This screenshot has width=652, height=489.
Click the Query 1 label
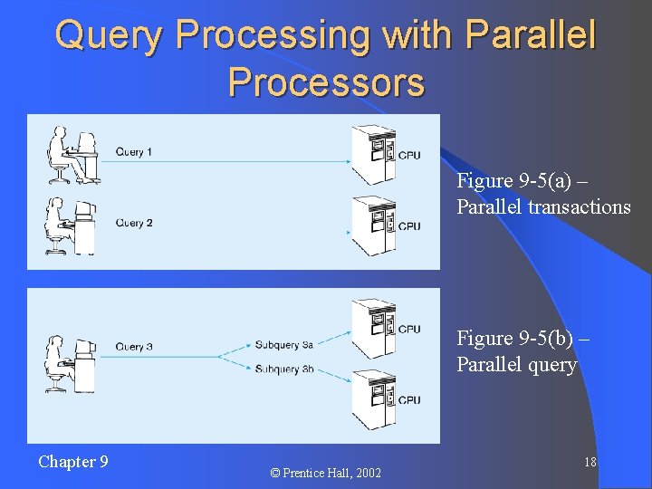[135, 152]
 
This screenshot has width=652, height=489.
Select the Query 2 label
[135, 223]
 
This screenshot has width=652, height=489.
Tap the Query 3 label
[135, 347]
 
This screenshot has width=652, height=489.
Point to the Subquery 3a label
[284, 345]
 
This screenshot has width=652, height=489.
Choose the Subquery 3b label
[284, 369]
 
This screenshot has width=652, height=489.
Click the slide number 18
[590, 463]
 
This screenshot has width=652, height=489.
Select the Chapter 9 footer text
[72, 462]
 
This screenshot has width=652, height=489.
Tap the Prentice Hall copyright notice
[325, 473]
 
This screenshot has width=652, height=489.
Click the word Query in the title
[110, 36]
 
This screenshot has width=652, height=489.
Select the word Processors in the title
[326, 82]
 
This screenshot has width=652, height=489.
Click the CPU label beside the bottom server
[409, 400]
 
